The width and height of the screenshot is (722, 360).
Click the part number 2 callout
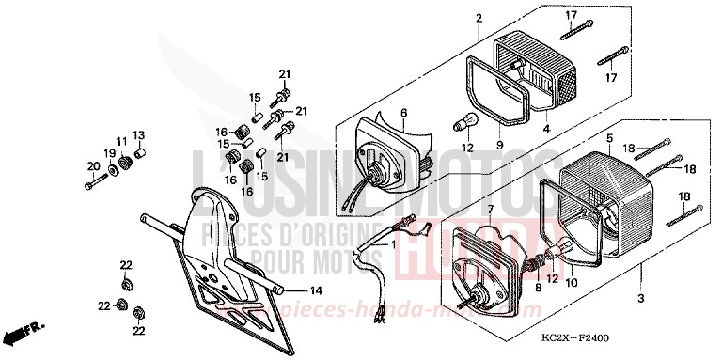[x=479, y=19]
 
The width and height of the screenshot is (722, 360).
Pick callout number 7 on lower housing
[x=491, y=208]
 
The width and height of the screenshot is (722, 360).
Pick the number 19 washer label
[x=110, y=153]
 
